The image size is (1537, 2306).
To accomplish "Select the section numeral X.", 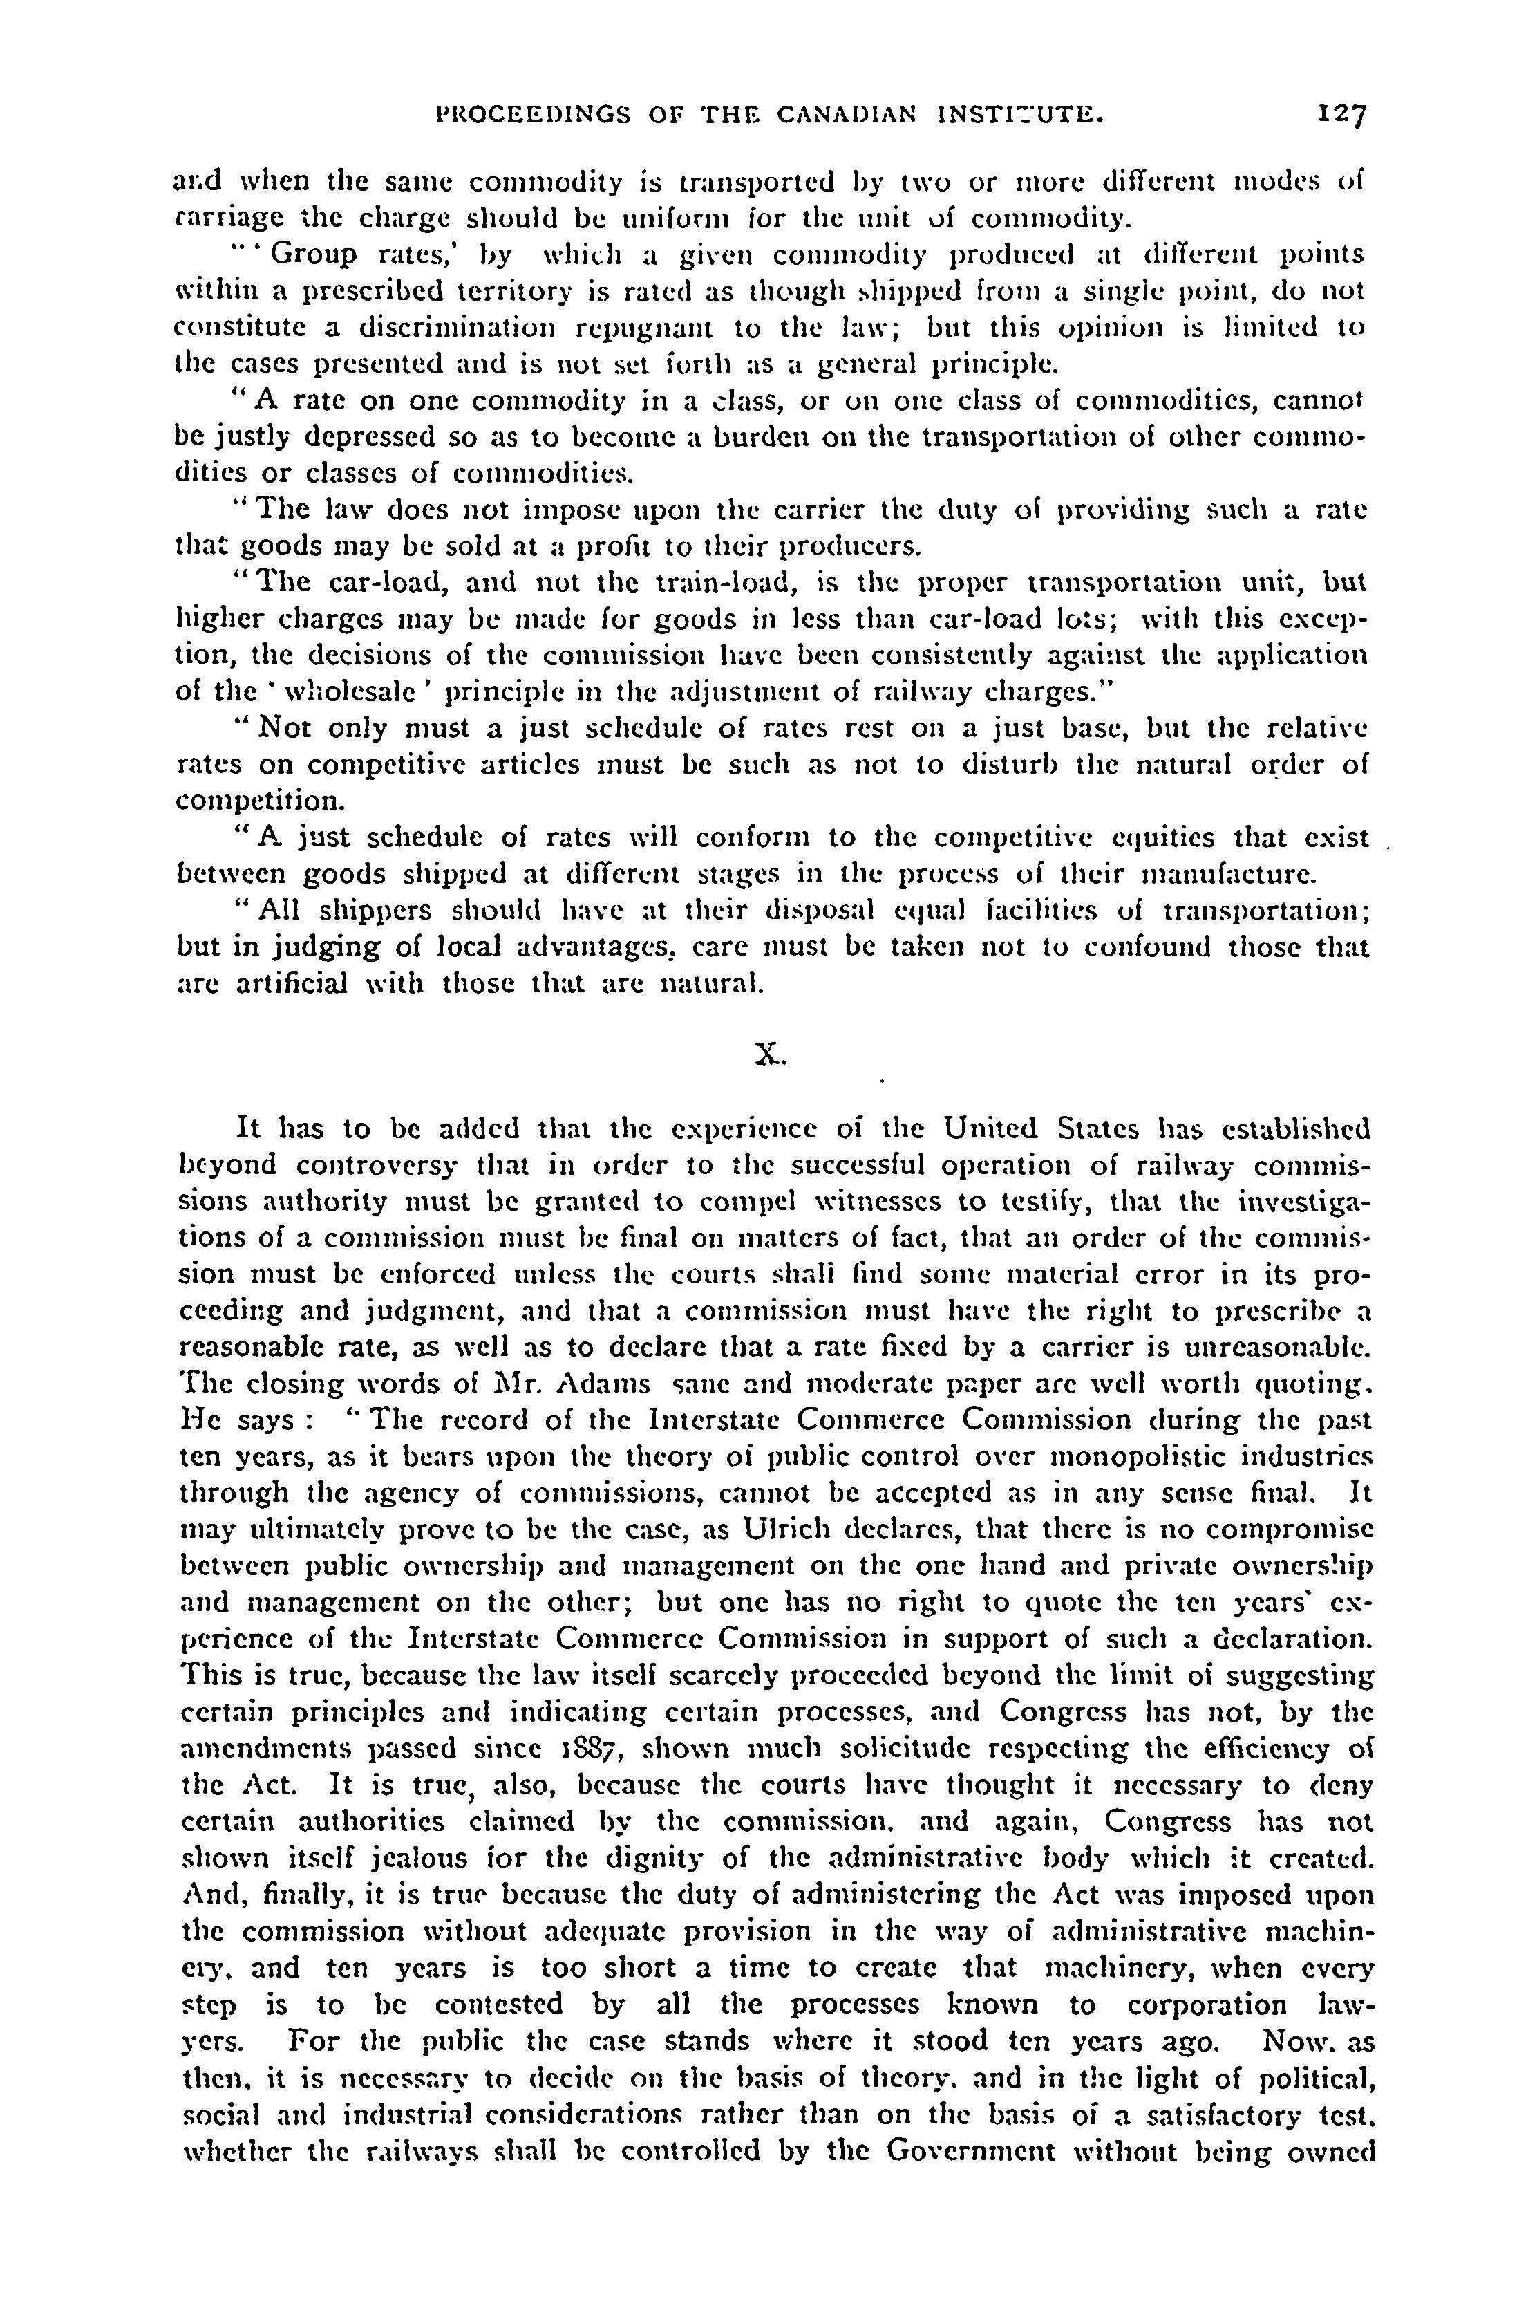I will click(768, 1054).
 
